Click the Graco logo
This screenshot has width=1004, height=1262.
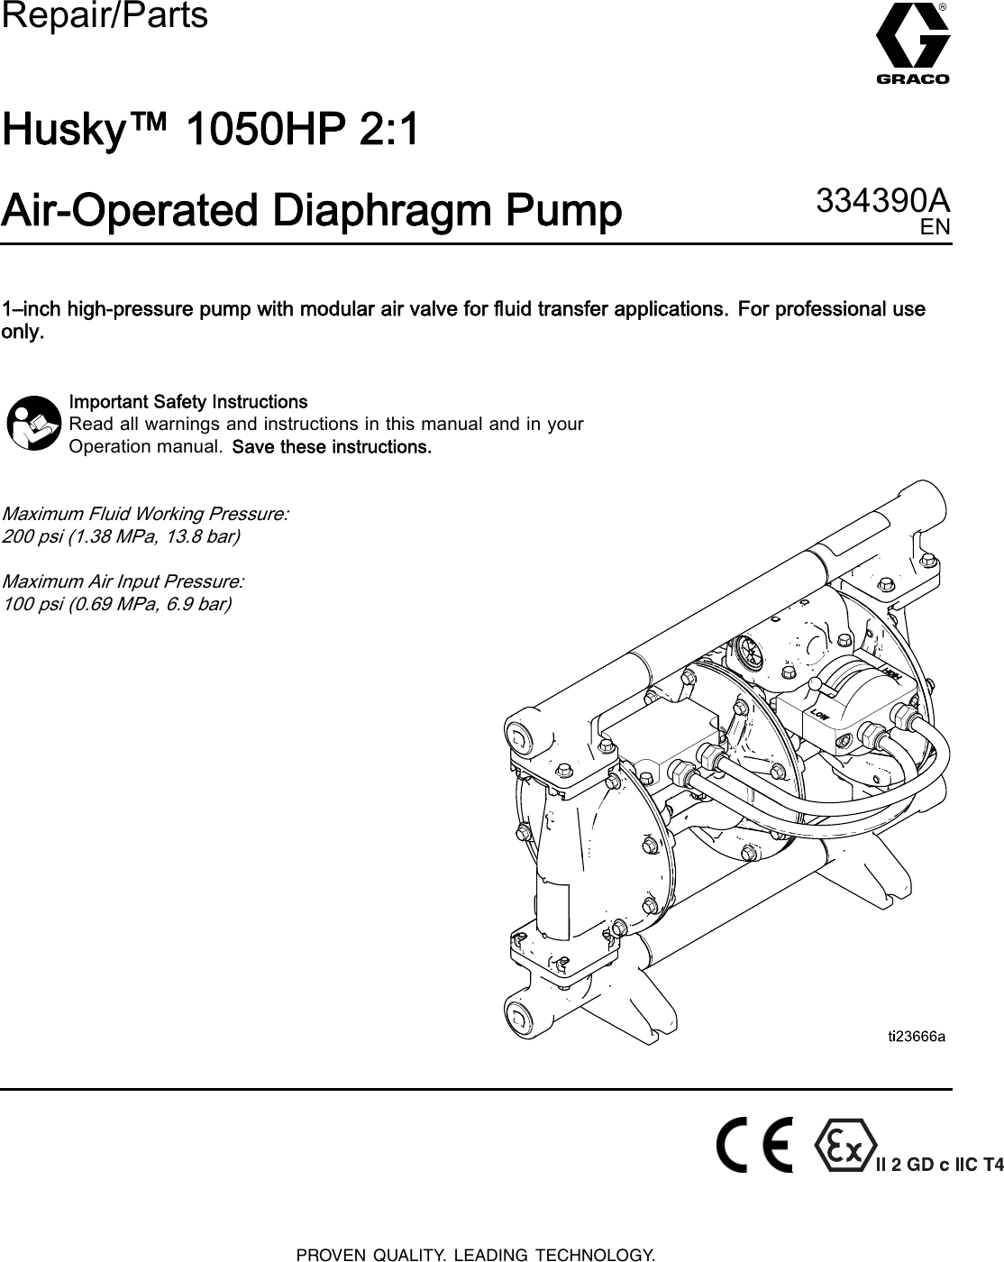912,45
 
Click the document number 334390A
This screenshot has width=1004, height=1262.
882,200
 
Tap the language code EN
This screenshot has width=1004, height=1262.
935,227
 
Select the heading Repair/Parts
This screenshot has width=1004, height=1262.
105,15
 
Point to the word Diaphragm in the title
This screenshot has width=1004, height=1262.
373,212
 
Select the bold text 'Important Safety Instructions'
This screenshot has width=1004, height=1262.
188,401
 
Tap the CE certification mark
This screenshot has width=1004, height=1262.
755,1146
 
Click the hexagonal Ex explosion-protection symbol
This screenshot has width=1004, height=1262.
844,1146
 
